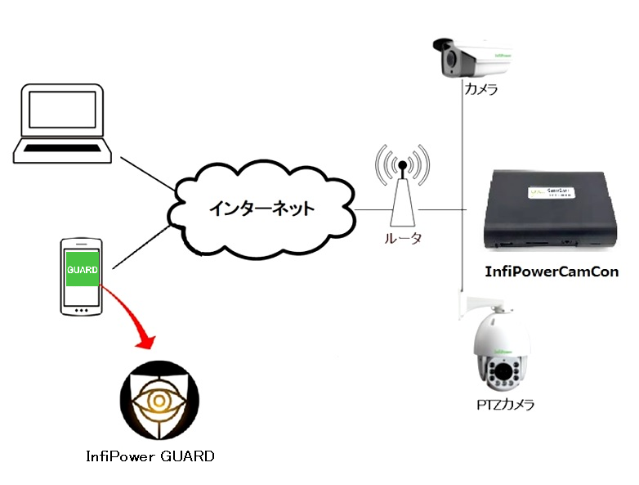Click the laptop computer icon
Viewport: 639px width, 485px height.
[x=63, y=123]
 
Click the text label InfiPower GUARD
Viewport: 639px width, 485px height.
[x=150, y=456]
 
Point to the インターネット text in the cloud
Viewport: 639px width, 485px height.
[x=261, y=208]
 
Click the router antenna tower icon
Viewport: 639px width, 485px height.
[x=401, y=192]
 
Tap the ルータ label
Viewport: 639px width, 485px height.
[x=402, y=240]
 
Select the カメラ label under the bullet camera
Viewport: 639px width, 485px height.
[x=480, y=88]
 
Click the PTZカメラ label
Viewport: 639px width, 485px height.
[x=507, y=404]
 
